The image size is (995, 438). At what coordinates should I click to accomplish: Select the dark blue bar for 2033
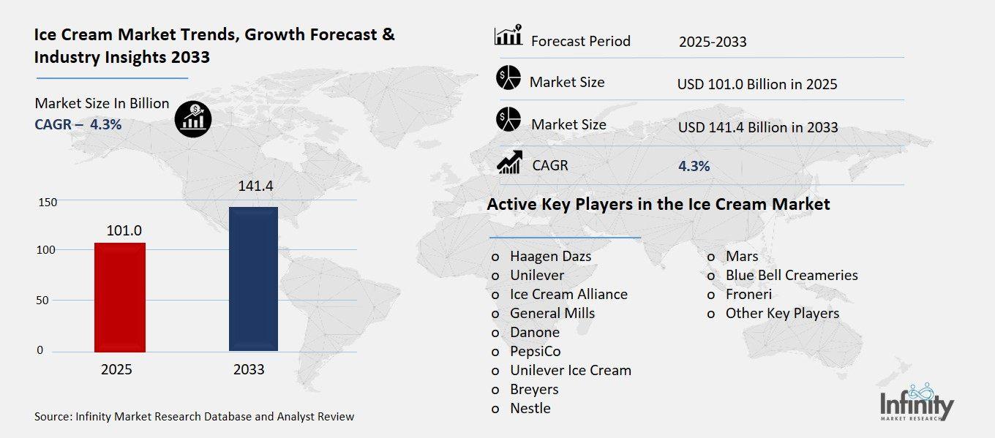253,279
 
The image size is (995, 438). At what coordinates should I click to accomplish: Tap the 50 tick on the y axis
43,300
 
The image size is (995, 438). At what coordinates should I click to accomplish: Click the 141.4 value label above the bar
255,186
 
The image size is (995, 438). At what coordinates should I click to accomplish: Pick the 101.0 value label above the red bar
124,230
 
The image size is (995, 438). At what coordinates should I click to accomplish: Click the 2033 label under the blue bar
249,369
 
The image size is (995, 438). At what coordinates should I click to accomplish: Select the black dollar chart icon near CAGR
193,118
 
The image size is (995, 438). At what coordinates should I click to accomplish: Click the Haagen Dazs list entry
550,256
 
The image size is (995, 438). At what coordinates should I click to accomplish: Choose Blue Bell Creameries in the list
791,275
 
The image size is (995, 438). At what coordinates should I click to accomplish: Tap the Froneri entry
748,294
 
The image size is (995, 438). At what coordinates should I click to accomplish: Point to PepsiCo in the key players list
536,351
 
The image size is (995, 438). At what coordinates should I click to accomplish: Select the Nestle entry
530,408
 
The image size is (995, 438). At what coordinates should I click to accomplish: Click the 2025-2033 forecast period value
713,42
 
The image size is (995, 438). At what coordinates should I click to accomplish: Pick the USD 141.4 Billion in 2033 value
758,127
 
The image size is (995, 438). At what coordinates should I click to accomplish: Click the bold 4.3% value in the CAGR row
694,166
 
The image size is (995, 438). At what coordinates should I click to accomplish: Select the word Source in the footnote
52,417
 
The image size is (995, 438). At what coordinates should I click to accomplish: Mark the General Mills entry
552,313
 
